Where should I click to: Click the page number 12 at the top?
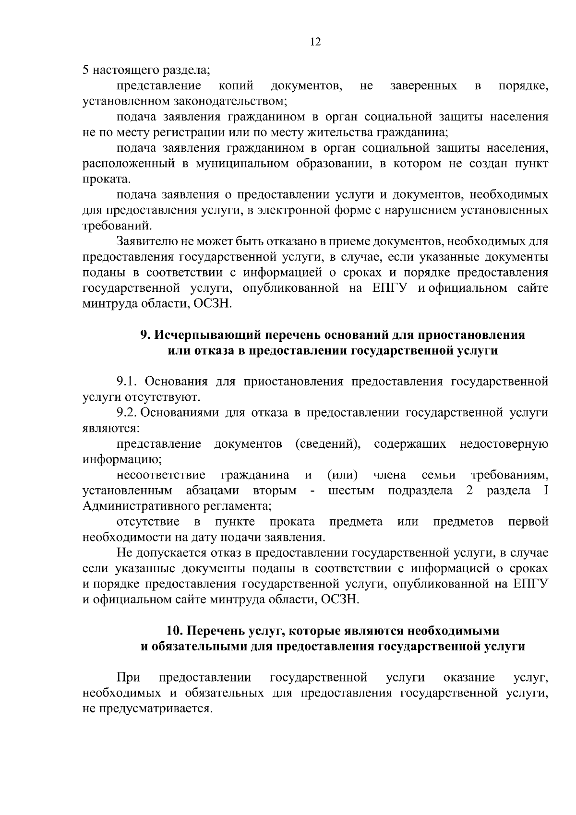pos(315,42)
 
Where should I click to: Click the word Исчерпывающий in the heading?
pos(215,335)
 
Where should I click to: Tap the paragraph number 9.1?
pos(128,382)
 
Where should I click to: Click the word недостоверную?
pos(504,444)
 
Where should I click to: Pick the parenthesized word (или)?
pos(342,475)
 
